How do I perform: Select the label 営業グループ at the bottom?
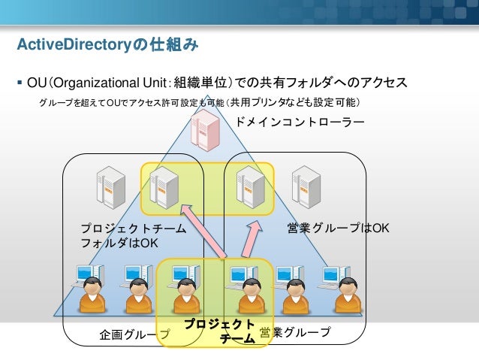[294, 331]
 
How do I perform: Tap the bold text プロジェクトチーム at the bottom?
[219, 331]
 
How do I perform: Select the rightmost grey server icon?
[306, 186]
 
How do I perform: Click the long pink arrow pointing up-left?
[204, 234]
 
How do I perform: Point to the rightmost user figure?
[347, 293]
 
